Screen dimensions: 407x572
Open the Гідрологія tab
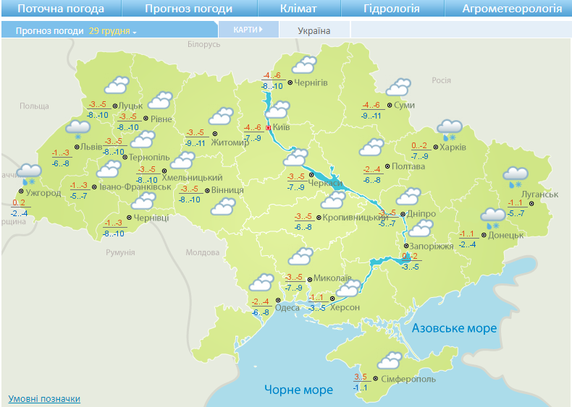[391, 9]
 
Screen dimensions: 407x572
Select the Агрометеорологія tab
[512, 9]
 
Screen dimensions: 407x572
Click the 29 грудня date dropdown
[112, 32]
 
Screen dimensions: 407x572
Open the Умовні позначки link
[44, 399]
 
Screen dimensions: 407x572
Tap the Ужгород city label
[43, 193]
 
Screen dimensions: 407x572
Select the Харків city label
[453, 147]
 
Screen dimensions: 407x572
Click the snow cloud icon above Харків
[450, 129]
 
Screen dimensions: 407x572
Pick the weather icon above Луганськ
[516, 175]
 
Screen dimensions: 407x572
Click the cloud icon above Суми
[398, 87]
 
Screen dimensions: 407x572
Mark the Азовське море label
[455, 328]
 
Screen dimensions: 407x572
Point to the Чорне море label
[298, 390]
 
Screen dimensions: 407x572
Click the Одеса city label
[287, 307]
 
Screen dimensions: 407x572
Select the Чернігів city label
[311, 82]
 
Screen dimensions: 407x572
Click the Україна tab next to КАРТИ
[314, 30]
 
